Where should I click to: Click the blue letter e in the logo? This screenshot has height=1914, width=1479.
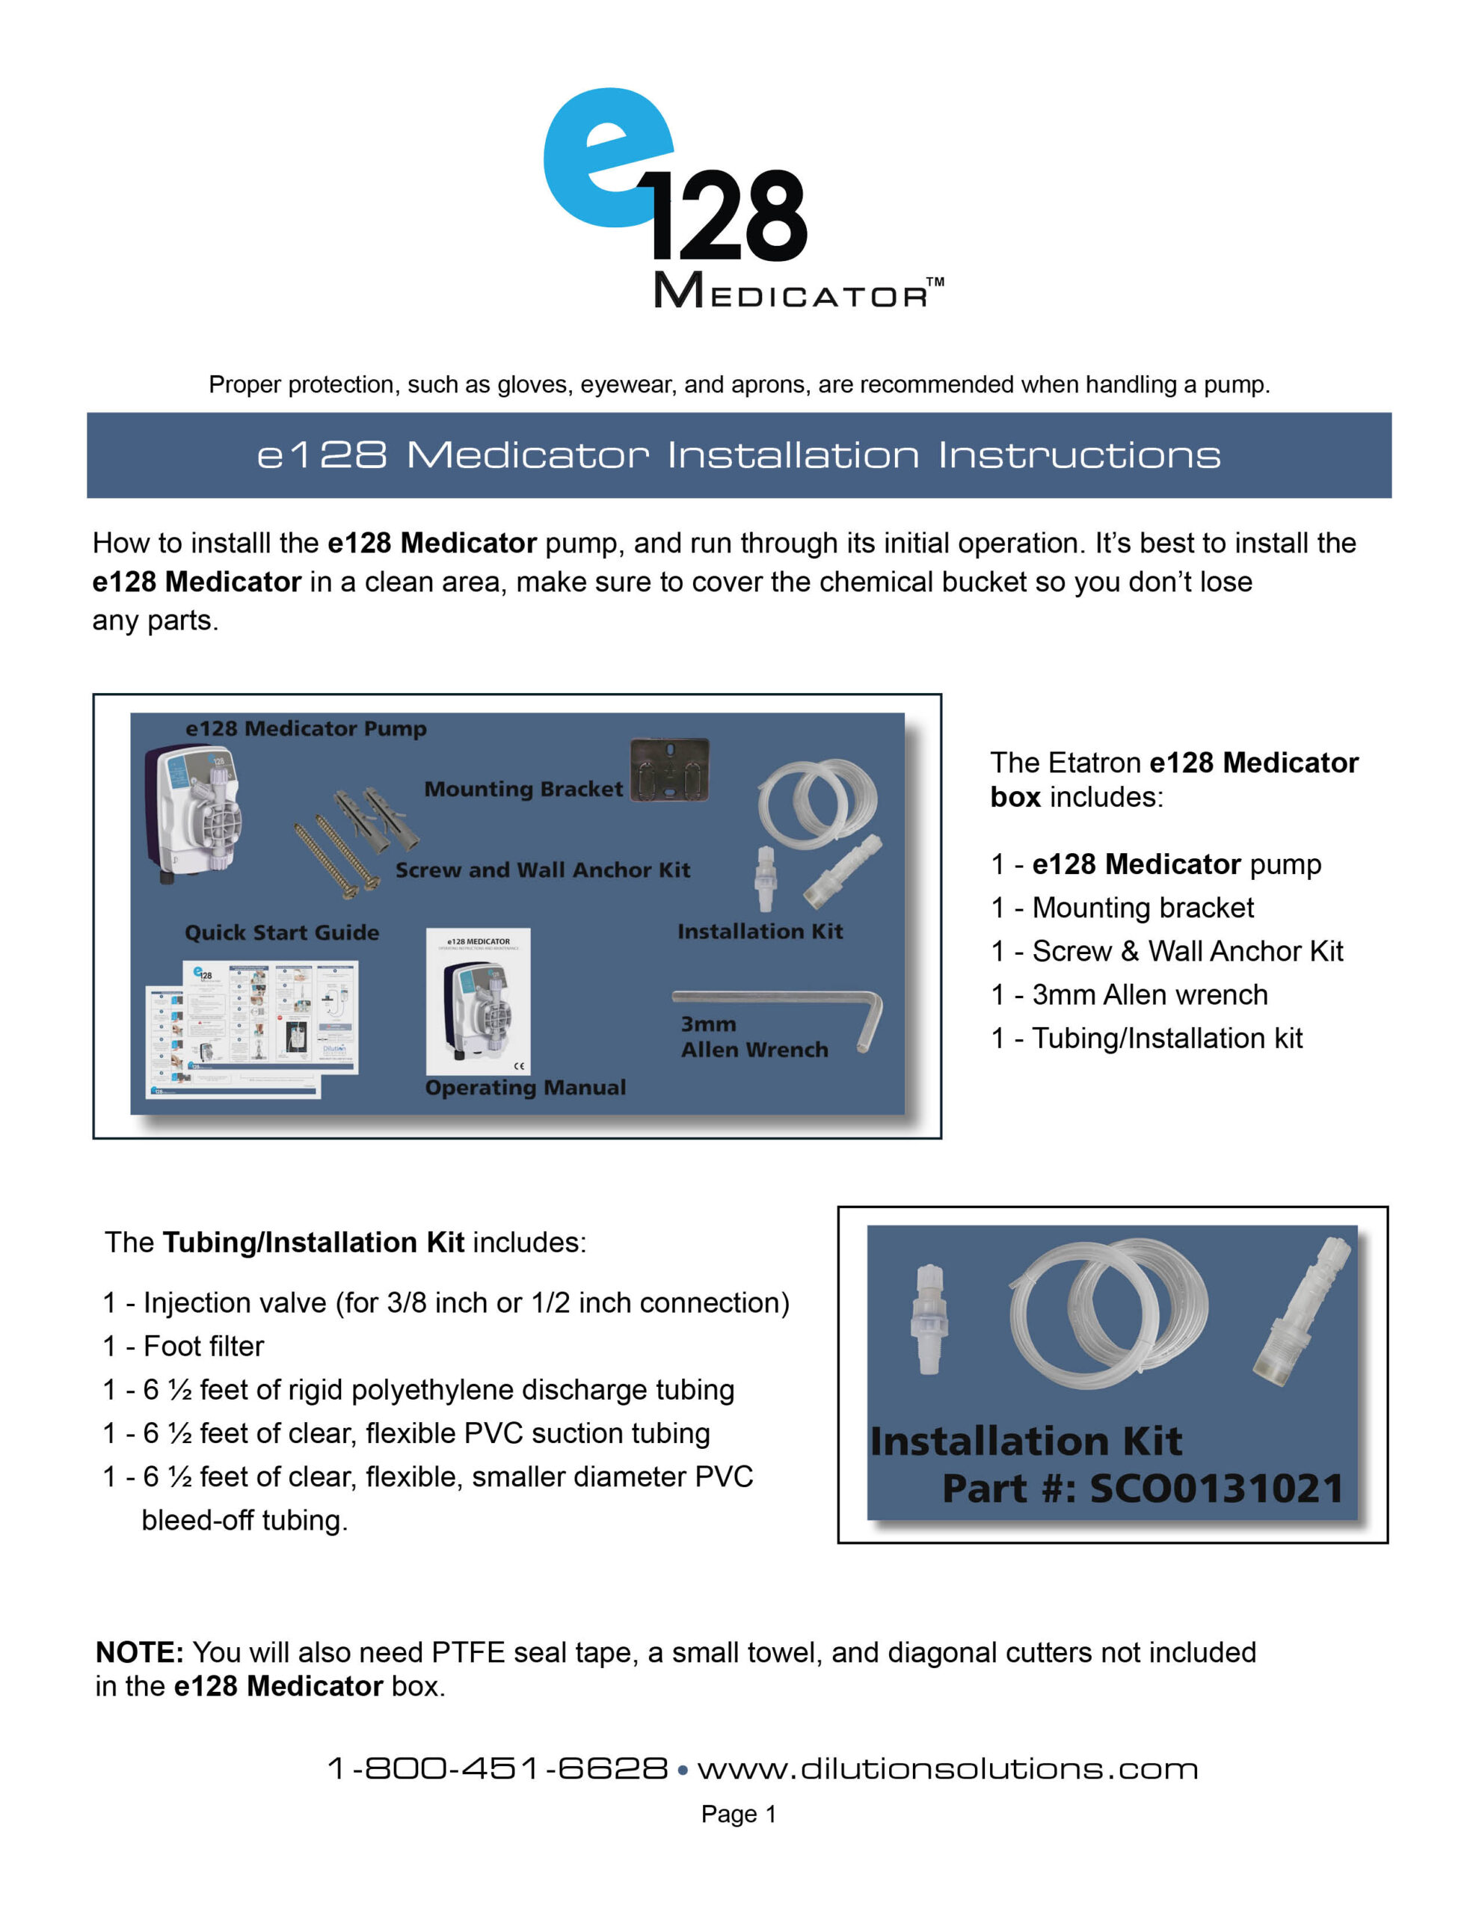click(605, 158)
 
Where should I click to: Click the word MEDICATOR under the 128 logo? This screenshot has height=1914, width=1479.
click(789, 292)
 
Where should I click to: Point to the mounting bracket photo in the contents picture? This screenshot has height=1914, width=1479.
click(669, 770)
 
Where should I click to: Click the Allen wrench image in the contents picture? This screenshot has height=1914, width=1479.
click(781, 1008)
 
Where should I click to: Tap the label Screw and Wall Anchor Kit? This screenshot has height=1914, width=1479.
click(542, 870)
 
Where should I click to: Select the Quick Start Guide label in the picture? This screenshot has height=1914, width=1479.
click(281, 932)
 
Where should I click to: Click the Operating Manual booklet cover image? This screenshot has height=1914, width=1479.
click(478, 1001)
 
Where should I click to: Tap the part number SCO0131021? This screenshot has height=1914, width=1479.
click(1215, 1489)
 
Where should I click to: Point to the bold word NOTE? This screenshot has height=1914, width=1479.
click(138, 1653)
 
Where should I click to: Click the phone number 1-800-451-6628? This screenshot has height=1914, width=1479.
click(497, 1768)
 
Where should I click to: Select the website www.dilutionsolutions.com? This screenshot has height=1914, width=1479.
click(947, 1768)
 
